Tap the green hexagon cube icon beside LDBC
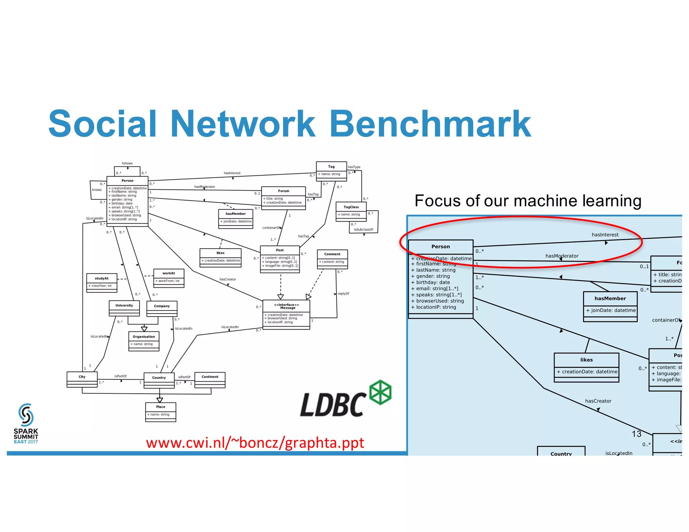coord(380,392)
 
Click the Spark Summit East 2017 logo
coord(26,424)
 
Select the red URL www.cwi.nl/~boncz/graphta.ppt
coord(255,443)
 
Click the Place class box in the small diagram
coord(160,412)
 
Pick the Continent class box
coord(210,380)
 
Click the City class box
coord(82,380)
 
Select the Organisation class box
coord(144,341)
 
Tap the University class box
coord(124,308)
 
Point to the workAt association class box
coord(169,278)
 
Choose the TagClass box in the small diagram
coord(351,211)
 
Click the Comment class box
coord(332,259)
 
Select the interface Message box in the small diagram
coord(286,314)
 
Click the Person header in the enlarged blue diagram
coord(440,246)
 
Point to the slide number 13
coord(637,434)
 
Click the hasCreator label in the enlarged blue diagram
coord(598,401)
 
